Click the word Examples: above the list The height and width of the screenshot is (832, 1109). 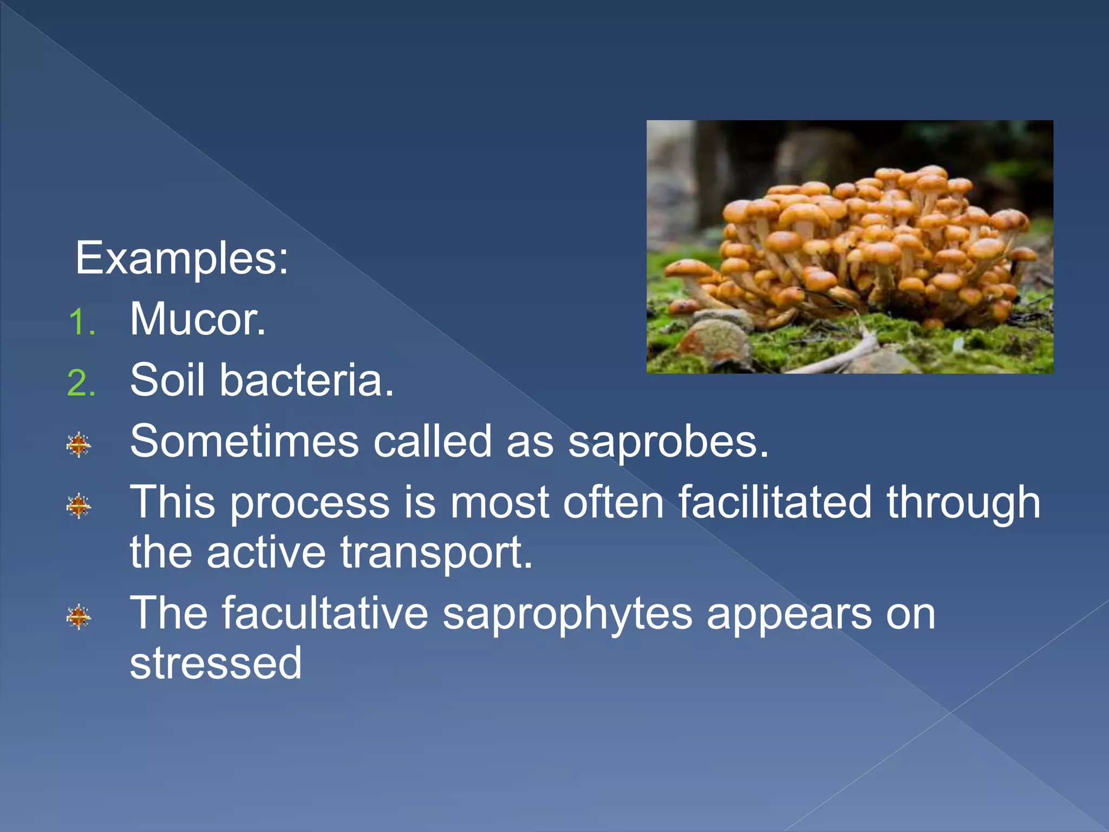(181, 259)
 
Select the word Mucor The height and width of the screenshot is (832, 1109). (198, 320)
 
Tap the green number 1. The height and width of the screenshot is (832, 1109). (81, 322)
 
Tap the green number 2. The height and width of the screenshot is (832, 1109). (81, 383)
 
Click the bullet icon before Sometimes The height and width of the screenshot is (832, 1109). (79, 445)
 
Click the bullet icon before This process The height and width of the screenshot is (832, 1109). (79, 506)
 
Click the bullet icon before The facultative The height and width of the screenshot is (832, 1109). (79, 616)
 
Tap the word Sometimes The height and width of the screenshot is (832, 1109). (244, 441)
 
